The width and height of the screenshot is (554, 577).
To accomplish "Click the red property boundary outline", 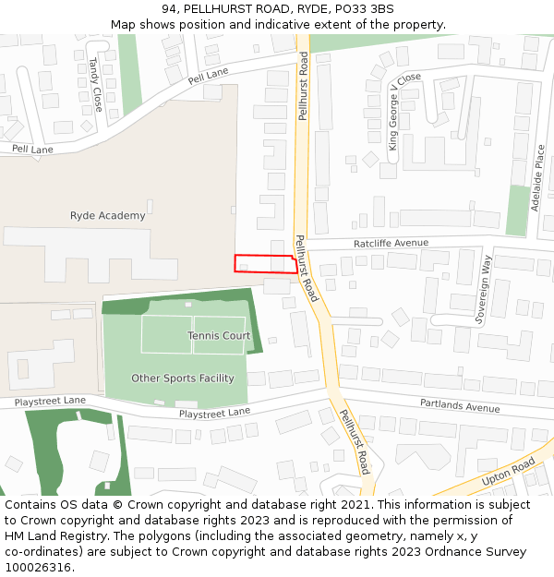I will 265,263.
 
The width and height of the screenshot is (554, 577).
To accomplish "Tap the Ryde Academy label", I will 108,216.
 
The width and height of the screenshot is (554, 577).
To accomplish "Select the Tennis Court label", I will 219,336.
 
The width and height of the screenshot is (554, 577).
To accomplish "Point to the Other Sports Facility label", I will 183,379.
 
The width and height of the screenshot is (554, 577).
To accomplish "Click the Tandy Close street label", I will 94,79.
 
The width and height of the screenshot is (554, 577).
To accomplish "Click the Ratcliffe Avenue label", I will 391,243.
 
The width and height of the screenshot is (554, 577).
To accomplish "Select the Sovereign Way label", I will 482,287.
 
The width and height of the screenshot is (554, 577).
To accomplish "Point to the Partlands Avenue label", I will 460,405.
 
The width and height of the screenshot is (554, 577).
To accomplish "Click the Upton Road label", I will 508,475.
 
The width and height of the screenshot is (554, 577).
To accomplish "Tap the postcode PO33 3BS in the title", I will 364,9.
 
